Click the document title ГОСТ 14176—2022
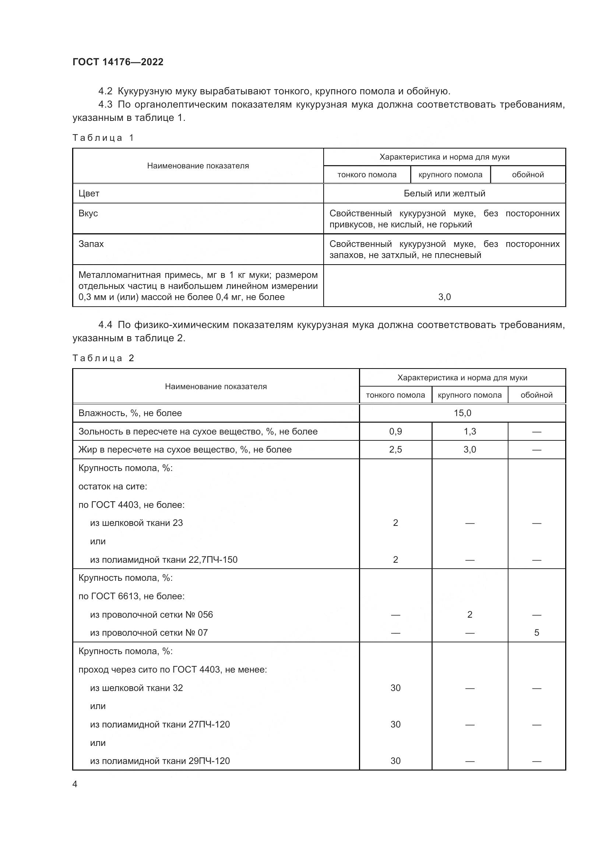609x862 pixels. pyautogui.click(x=118, y=62)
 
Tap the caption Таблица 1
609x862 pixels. pyautogui.click(x=103, y=138)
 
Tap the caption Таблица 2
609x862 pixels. pyautogui.click(x=103, y=358)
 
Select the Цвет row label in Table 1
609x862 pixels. pyautogui.click(x=89, y=193)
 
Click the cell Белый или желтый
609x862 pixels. pyautogui.click(x=444, y=193)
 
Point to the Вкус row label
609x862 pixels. pyautogui.click(x=88, y=213)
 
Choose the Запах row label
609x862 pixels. pyautogui.click(x=91, y=244)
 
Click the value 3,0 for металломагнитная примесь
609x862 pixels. pyautogui.click(x=444, y=297)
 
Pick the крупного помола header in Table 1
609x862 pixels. pyautogui.click(x=450, y=175)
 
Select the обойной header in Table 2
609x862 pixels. pyautogui.click(x=536, y=395)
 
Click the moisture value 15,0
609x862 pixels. pyautogui.click(x=462, y=413)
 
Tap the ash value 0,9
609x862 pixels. pyautogui.click(x=395, y=432)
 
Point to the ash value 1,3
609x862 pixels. pyautogui.click(x=469, y=432)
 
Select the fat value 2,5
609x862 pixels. pyautogui.click(x=395, y=449)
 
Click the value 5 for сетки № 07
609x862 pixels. pyautogui.click(x=536, y=633)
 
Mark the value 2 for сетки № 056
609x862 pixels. pyautogui.click(x=469, y=615)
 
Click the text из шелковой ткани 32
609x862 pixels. pyautogui.click(x=136, y=688)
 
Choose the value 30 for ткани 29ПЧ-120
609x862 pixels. pyautogui.click(x=395, y=761)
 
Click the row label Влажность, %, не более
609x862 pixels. pyautogui.click(x=130, y=413)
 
